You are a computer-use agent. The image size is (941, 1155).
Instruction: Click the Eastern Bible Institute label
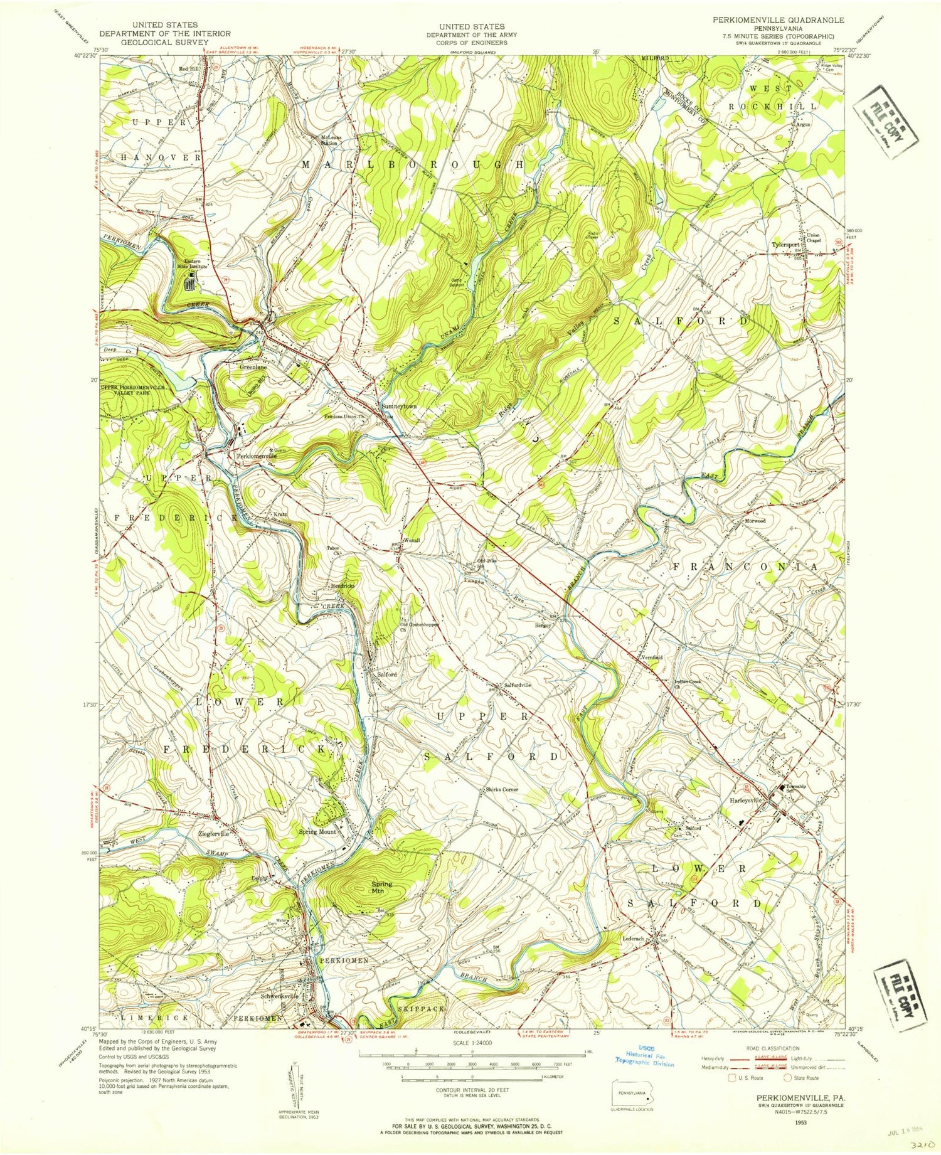(191, 263)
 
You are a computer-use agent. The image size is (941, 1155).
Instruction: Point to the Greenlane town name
(254, 368)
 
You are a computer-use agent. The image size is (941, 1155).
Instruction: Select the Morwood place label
(755, 521)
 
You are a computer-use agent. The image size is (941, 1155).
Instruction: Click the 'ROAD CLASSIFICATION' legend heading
(763, 1048)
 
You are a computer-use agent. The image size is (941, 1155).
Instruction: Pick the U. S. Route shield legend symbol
(731, 1078)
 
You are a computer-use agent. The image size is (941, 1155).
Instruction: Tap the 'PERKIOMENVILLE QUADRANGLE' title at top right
(768, 20)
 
